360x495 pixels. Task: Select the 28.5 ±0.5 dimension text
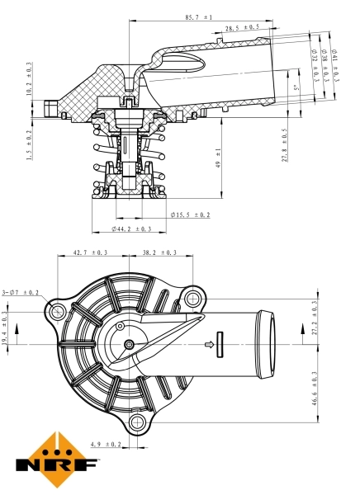tap(241, 28)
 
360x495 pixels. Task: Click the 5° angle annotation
tap(295, 86)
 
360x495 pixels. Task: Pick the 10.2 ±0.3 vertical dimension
tap(30, 79)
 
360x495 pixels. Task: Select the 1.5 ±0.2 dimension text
tap(30, 144)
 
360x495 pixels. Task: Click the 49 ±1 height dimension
tap(218, 157)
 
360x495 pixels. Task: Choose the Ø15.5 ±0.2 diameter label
tap(190, 214)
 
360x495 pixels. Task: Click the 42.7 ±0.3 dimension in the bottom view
tap(91, 252)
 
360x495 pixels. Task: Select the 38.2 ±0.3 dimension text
tap(159, 252)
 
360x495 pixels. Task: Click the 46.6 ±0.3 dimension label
tap(315, 389)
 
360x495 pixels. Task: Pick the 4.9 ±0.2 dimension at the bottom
tap(107, 444)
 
